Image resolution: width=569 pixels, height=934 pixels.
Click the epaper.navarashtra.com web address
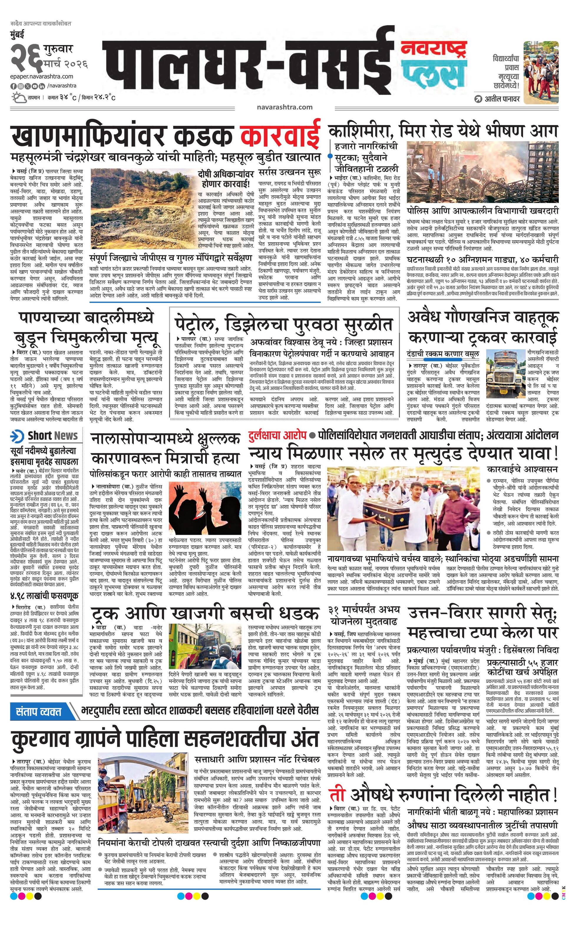click(42, 77)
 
